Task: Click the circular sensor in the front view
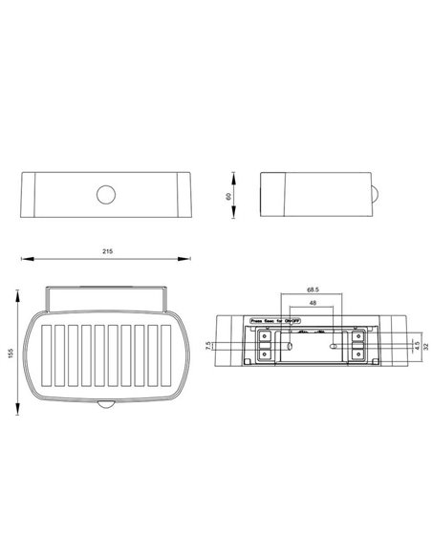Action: click(106, 194)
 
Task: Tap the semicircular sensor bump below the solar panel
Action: click(106, 406)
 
